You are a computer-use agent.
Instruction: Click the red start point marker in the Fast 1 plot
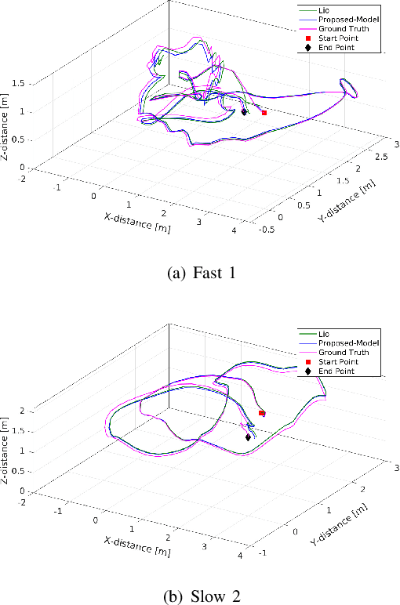point(264,113)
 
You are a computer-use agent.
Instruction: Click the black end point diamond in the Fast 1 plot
point(245,112)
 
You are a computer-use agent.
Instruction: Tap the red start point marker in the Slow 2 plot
point(261,412)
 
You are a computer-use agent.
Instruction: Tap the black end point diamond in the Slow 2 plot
point(248,437)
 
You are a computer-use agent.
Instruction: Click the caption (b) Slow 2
point(201,595)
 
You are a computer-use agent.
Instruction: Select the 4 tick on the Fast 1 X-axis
point(234,230)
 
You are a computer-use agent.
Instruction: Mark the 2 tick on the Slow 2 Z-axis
point(22,410)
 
